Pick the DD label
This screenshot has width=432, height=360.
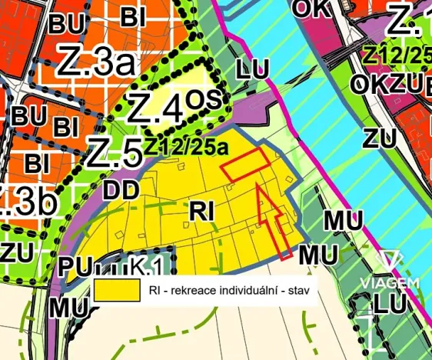(121, 188)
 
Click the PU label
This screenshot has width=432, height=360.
(74, 268)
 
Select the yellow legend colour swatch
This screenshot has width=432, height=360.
(117, 290)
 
